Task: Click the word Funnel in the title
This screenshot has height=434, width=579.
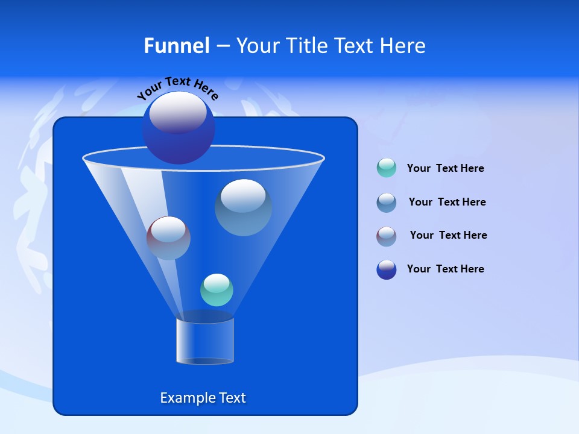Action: coord(176,46)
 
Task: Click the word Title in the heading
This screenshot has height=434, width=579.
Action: coord(307,46)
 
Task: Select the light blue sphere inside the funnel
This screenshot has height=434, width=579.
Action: coord(243,208)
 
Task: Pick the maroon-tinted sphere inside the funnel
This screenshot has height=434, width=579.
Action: coord(168,238)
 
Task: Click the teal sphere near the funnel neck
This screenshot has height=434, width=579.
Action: coord(217,290)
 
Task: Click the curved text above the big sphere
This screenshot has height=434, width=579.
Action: coord(177,87)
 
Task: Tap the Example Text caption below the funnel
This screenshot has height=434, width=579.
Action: coord(203,398)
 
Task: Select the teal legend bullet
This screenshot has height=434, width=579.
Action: coord(387,168)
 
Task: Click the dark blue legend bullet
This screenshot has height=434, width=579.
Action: coord(387,269)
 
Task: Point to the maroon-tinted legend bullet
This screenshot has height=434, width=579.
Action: coord(387,236)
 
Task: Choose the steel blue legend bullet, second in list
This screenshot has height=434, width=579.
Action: coord(387,203)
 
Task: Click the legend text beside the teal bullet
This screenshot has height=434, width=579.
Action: coord(445,169)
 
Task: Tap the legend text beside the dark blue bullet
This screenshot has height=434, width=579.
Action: coord(445,269)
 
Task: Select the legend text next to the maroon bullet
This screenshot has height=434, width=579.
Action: coord(448,235)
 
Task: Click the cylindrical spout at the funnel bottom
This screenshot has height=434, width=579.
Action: coord(204,342)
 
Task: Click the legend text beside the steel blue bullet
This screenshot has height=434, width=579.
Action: coord(447,202)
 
